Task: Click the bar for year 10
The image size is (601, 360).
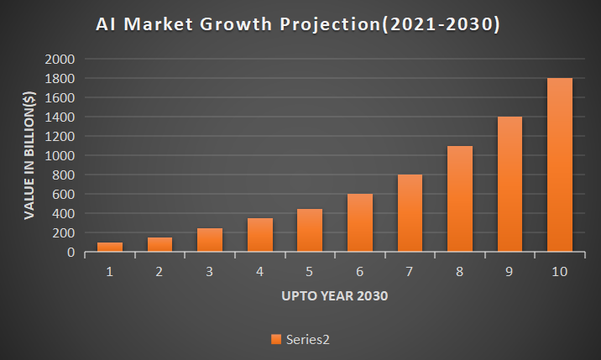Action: [560, 164]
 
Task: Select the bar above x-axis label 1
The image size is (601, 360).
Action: [110, 247]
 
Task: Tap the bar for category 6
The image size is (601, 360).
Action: [360, 222]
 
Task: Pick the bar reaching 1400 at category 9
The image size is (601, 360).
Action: [510, 184]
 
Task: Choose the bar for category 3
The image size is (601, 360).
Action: [210, 240]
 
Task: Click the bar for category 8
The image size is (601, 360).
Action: [460, 199]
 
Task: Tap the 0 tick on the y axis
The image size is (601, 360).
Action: [73, 253]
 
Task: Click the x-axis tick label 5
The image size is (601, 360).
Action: [310, 272]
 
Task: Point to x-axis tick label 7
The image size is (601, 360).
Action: [410, 272]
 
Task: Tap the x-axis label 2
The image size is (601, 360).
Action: [160, 272]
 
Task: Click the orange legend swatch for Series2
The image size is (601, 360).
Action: [275, 339]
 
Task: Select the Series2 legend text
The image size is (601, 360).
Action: [308, 339]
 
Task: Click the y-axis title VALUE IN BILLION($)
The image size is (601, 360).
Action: [29, 156]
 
